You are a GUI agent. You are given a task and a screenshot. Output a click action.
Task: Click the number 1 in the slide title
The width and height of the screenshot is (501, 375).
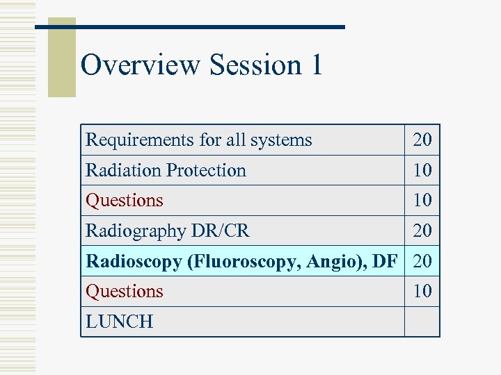[x=316, y=65]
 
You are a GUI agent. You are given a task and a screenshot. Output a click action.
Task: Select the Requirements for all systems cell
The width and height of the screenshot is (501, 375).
[x=198, y=140]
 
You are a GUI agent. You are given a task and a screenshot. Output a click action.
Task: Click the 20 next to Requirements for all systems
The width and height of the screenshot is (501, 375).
[x=422, y=140]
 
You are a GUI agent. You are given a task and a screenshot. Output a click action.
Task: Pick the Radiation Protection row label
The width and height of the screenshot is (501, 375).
[x=166, y=170]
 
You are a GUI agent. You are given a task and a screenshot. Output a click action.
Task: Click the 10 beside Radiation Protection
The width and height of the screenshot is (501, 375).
[x=422, y=170]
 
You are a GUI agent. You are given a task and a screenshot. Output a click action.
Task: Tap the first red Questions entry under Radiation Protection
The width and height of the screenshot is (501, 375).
[x=125, y=201]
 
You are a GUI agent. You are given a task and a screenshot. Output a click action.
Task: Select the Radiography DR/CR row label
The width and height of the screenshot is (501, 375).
[x=167, y=231]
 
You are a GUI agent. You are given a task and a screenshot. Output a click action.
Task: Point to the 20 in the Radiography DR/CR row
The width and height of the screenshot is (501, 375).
[x=422, y=231]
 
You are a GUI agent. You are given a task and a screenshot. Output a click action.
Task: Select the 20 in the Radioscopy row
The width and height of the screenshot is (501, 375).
[x=422, y=261]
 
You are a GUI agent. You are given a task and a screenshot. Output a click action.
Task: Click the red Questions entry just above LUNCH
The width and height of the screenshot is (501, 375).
[x=125, y=291]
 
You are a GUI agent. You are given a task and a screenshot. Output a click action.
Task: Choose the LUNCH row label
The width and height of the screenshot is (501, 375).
[x=119, y=322]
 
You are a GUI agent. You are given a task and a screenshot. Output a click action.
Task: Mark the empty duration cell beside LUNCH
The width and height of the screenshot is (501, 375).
[x=422, y=322]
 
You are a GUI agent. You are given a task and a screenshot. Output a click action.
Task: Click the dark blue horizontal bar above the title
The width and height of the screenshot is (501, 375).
[x=190, y=26]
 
